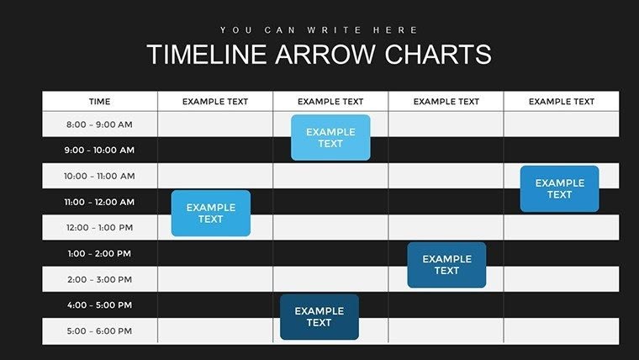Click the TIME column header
click(x=99, y=102)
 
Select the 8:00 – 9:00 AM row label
click(x=99, y=124)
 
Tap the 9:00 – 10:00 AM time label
click(x=99, y=151)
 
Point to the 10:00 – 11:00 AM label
click(x=99, y=177)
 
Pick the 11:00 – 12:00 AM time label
click(x=99, y=202)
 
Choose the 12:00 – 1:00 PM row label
click(x=99, y=228)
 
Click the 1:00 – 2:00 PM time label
click(x=99, y=253)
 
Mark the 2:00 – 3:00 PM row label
click(x=99, y=279)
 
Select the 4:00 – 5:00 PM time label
click(x=99, y=304)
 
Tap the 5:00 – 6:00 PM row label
click(x=99, y=331)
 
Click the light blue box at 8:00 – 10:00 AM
click(x=330, y=137)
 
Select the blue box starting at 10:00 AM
click(x=559, y=188)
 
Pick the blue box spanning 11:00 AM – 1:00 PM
click(x=210, y=213)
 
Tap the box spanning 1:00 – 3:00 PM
click(x=446, y=265)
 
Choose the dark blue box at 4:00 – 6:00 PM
click(x=319, y=317)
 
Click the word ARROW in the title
click(x=324, y=55)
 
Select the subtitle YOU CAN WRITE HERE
click(x=319, y=29)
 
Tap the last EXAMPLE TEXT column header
click(x=561, y=102)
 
